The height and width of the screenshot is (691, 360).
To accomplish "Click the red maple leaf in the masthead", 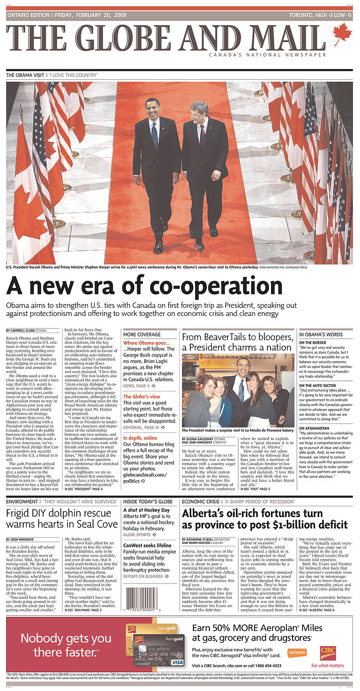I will (342, 35).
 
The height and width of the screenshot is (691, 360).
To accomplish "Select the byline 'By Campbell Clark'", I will (26, 330).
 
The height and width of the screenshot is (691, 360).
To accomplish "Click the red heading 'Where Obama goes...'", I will (146, 343).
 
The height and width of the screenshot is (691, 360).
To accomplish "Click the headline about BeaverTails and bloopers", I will (238, 342).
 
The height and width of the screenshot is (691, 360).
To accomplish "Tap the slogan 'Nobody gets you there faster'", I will (66, 646).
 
